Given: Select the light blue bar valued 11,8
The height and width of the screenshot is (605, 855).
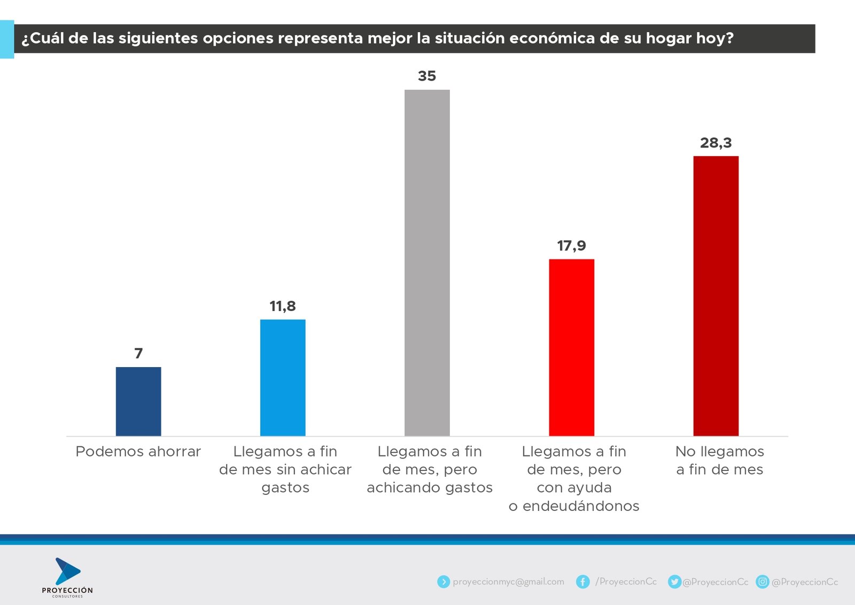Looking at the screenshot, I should tap(283, 377).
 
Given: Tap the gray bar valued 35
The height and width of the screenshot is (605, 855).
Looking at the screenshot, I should tap(427, 262).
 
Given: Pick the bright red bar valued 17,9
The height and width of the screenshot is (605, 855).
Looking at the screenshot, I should tap(571, 347).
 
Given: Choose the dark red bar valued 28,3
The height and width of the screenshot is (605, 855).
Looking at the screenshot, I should tap(716, 296).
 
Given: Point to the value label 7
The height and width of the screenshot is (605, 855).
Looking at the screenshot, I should tap(138, 353).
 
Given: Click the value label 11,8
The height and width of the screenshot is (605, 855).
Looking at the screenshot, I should tap(283, 306).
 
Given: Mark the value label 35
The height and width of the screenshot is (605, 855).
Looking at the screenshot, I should tap(427, 76).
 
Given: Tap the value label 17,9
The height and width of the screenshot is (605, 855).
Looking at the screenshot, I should tap(571, 246).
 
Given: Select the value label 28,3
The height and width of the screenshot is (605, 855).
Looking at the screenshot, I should tap(716, 143).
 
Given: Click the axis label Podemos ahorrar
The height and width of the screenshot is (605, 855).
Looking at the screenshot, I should tap(138, 452).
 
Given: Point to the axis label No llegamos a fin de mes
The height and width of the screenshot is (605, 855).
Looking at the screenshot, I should tap(719, 460).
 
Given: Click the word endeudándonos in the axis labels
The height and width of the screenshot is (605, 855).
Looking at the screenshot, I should tap(581, 506).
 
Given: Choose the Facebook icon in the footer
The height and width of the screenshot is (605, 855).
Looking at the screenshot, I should tap(582, 581).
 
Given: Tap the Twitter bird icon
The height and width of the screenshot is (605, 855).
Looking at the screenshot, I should tap(674, 581).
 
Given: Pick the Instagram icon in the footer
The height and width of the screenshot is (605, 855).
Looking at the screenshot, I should tap(763, 581).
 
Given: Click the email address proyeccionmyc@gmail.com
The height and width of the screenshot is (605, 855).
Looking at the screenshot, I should tap(508, 581).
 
